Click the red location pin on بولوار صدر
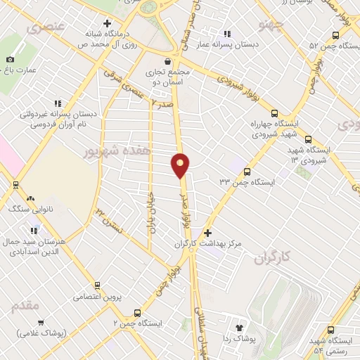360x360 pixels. (181, 165)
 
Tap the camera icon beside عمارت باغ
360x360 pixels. (10, 60)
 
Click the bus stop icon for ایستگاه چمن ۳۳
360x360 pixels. (247, 171)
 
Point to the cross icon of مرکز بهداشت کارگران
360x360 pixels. (207, 232)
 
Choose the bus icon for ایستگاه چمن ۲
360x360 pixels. (136, 313)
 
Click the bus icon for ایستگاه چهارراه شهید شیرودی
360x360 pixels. (274, 113)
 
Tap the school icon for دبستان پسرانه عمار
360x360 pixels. (226, 33)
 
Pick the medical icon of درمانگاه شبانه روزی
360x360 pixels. (107, 22)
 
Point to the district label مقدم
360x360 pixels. (26, 307)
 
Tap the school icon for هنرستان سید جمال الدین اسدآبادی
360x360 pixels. (34, 230)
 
